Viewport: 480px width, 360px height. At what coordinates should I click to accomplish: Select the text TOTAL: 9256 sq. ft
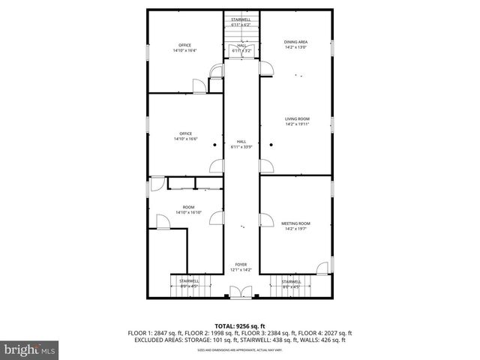tap(240, 326)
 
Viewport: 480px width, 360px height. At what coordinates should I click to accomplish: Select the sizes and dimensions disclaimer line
tap(240, 349)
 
